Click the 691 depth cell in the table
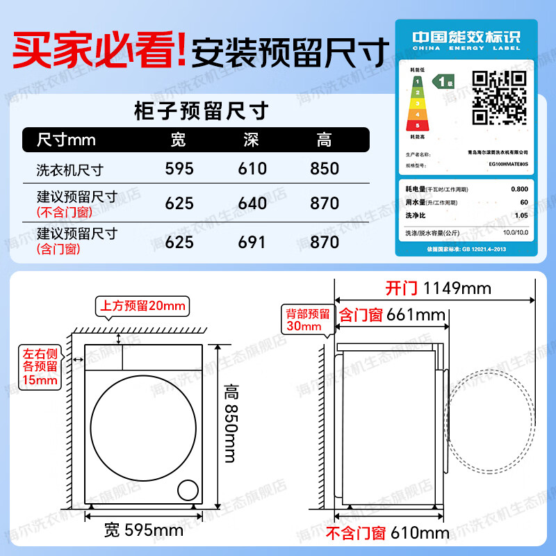[252, 242]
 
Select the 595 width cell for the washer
[179, 169]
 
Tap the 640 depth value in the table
[252, 204]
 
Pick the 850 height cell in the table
[325, 169]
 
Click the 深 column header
[252, 140]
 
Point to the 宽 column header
[179, 140]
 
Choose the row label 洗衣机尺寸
[69, 170]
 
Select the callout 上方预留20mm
[143, 306]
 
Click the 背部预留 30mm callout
[305, 320]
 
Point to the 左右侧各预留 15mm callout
[40, 367]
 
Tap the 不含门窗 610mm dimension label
[388, 534]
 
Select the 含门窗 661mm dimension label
[391, 315]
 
